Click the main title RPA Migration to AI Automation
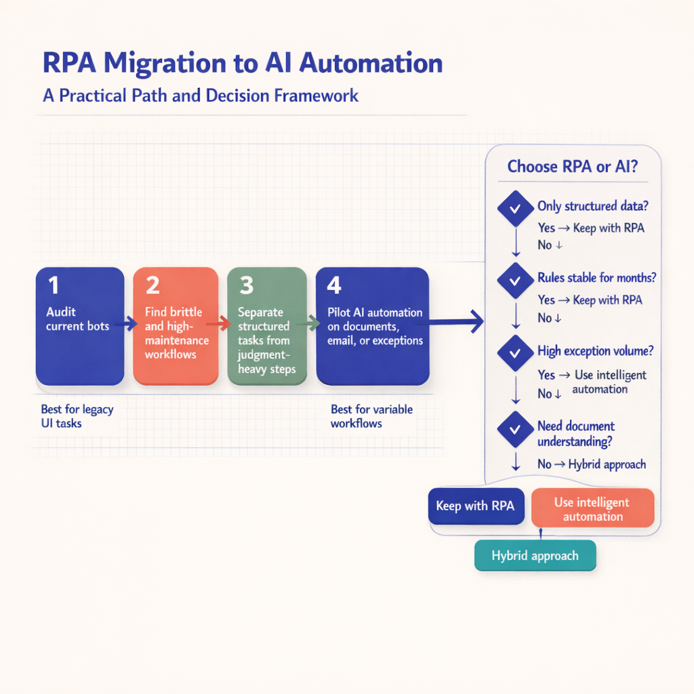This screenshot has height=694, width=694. (243, 63)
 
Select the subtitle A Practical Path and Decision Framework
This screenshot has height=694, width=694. (201, 96)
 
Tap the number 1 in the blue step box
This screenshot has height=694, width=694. (53, 285)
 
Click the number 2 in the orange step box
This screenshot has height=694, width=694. (152, 285)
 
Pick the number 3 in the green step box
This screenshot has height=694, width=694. (247, 285)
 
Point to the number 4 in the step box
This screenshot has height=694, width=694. (334, 285)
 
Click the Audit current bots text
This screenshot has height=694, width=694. (77, 319)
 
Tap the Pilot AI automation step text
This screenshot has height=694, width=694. (375, 327)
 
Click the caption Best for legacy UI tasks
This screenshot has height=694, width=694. (77, 416)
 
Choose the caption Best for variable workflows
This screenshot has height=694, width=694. (371, 416)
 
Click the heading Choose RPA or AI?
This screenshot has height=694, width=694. (572, 167)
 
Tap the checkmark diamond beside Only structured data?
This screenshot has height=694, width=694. (515, 209)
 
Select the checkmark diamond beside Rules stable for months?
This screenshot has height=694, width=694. (515, 281)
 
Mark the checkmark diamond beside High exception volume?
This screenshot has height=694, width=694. (515, 353)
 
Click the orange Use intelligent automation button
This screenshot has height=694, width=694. (592, 509)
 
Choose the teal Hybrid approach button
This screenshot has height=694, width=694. (535, 556)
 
